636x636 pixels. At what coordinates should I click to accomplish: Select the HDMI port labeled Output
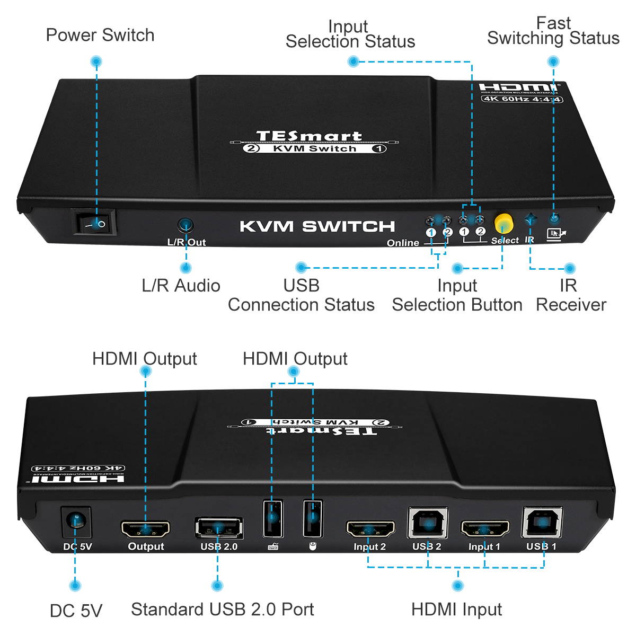point(146,528)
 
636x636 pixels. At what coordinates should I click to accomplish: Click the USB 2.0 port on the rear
point(219,528)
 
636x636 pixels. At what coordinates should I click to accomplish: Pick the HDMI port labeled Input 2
point(370,528)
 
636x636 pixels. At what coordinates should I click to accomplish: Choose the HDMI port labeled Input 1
point(484,528)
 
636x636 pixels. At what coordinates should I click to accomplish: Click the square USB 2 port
point(427,523)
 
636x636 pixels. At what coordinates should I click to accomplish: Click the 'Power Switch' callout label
point(100,35)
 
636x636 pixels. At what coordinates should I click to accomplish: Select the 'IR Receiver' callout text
point(570,295)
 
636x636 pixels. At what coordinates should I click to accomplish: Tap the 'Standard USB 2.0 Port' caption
point(222,609)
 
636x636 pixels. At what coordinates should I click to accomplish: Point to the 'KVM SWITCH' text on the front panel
point(317,226)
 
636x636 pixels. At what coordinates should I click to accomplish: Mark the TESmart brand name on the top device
point(309,136)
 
